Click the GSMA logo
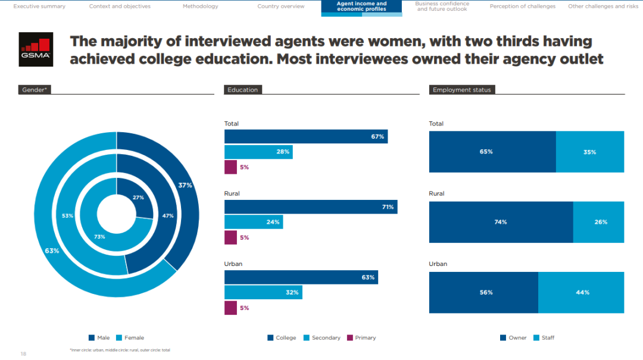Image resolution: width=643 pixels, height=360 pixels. [x=36, y=49]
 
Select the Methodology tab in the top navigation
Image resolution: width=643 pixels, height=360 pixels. [x=200, y=7]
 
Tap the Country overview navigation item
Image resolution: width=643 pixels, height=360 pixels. [x=280, y=7]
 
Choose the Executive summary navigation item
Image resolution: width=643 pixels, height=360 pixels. [x=39, y=7]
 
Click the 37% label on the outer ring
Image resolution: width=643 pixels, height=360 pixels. [x=185, y=186]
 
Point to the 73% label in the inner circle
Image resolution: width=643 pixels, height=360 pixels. [x=99, y=237]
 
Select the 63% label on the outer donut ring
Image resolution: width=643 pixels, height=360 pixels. [x=52, y=251]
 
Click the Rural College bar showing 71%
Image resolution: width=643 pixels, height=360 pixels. [x=310, y=207]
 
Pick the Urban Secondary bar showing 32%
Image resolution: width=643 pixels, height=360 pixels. [x=263, y=293]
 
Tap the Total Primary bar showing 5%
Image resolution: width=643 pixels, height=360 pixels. [x=230, y=167]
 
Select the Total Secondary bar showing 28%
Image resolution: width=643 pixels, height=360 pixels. [x=258, y=152]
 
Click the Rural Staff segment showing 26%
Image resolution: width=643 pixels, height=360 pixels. [x=598, y=222]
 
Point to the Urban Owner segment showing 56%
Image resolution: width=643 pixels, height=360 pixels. [x=483, y=293]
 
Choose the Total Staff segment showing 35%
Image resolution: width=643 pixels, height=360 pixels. [x=589, y=152]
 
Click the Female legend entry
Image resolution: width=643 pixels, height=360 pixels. [x=130, y=338]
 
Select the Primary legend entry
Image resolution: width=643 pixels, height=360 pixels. [x=361, y=338]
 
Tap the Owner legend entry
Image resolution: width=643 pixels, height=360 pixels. [x=514, y=338]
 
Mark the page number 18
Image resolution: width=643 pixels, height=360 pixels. [x=23, y=353]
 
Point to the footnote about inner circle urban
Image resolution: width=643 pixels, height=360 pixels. [x=120, y=350]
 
